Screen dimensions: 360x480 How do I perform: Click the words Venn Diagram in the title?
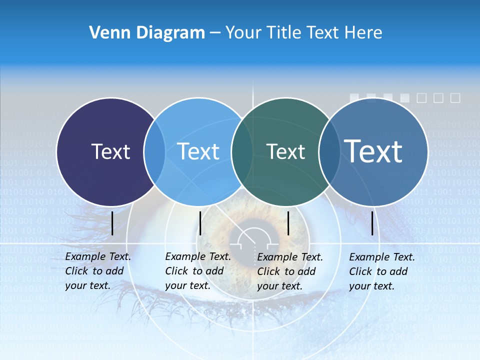pyautogui.click(x=147, y=33)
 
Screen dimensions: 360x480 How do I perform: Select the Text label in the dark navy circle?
pyautogui.click(x=110, y=151)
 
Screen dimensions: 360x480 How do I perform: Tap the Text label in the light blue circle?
pyautogui.click(x=198, y=151)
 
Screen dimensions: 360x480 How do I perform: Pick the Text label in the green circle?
pyautogui.click(x=285, y=151)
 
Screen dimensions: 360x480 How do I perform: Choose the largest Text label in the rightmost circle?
pyautogui.click(x=373, y=151)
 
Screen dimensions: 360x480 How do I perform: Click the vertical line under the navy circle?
pyautogui.click(x=112, y=223)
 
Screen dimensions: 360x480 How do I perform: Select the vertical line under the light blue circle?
pyautogui.click(x=200, y=223)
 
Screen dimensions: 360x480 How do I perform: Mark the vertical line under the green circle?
pyautogui.click(x=288, y=223)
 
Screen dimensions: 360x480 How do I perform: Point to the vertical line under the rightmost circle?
pyautogui.click(x=372, y=223)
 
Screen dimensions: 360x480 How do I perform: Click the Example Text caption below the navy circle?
pyautogui.click(x=98, y=271)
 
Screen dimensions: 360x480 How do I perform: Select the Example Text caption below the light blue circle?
pyautogui.click(x=198, y=271)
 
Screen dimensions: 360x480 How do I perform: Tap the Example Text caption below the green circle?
pyautogui.click(x=290, y=271)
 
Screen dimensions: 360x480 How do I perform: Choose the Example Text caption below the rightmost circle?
pyautogui.click(x=382, y=271)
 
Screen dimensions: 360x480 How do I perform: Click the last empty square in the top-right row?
pyautogui.click(x=455, y=98)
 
